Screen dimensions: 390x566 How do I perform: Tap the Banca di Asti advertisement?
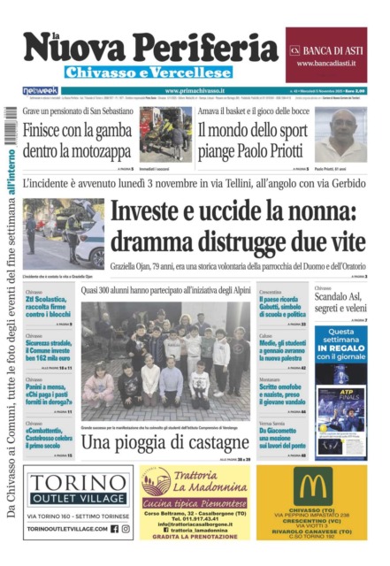pos(325,55)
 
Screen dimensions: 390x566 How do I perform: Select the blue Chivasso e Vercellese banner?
pos(147,73)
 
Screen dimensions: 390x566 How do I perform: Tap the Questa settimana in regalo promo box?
pos(340,342)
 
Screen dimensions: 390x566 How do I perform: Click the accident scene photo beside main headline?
pos(64,233)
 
